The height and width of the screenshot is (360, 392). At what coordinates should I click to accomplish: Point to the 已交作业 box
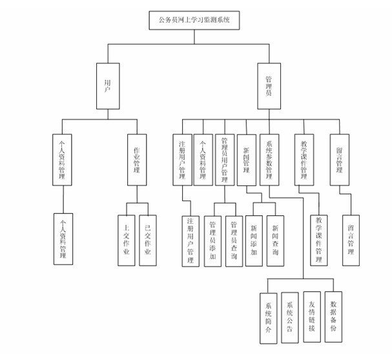148,240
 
